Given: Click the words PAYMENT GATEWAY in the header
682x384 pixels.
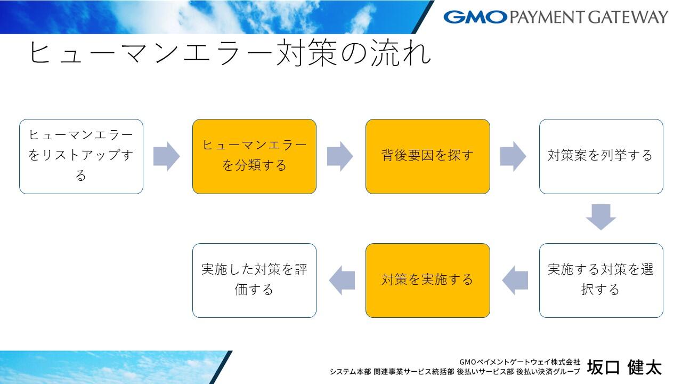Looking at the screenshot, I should pos(588,17).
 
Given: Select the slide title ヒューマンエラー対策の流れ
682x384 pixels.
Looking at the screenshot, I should pos(230,53).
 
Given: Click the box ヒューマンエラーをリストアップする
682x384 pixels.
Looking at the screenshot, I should pos(81,156).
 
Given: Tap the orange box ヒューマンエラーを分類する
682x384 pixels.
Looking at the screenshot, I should pos(254,156).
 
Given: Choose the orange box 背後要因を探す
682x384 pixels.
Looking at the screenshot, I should pos(427,156).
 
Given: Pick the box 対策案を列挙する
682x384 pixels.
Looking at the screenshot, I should pos(601,156).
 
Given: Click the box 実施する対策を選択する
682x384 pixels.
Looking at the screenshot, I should pos(601,281).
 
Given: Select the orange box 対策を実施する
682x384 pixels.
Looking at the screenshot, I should pos(427,281).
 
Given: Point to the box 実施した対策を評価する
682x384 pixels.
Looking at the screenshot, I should pos(254,281).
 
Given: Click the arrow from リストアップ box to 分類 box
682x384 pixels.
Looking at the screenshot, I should pos(167,156).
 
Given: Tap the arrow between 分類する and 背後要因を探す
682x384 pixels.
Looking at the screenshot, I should pos(340,156).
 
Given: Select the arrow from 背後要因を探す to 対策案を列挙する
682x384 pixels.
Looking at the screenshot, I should pos(513,156).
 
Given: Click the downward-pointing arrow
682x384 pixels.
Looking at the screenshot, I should pos(601,217).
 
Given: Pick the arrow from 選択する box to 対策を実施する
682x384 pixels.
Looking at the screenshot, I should pos(515,281).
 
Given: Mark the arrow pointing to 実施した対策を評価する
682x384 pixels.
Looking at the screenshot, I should pos(342,281).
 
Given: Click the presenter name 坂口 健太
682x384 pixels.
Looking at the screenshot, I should pos(624,367).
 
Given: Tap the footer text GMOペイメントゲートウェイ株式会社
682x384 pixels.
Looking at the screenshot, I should pos(519,362).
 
